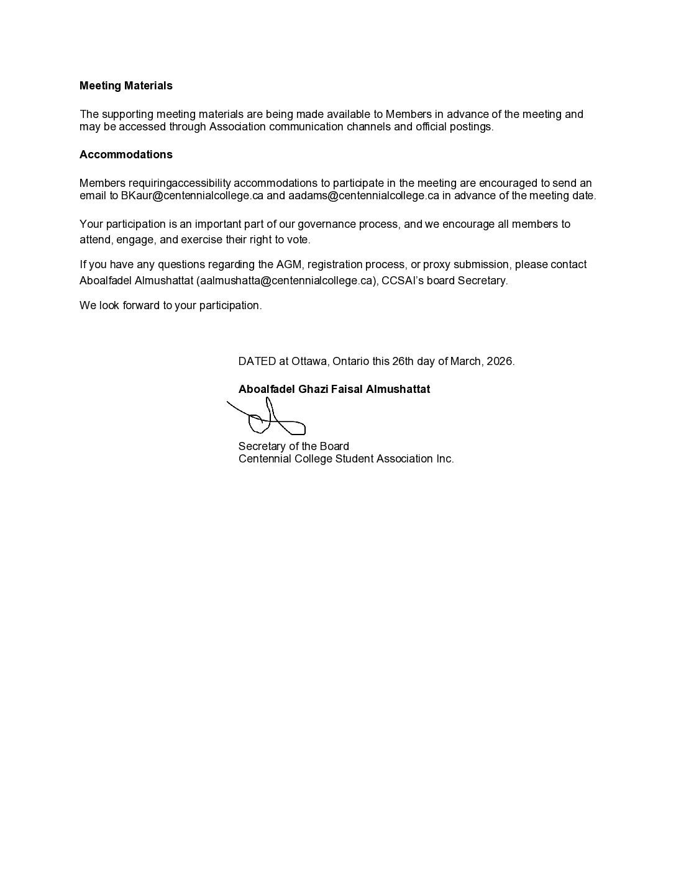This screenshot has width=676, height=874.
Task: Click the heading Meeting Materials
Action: [126, 86]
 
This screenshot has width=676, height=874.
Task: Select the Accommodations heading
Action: [126, 155]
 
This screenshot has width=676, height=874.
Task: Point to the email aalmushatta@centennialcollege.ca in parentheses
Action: [286, 281]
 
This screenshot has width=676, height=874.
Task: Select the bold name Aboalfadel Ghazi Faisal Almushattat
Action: [334, 389]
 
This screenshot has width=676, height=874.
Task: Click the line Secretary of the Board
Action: [293, 446]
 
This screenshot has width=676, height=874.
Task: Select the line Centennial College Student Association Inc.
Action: [345, 459]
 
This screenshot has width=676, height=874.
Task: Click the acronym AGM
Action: [289, 264]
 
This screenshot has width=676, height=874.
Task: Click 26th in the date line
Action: [403, 361]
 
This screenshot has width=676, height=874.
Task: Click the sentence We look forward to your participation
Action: [170, 305]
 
